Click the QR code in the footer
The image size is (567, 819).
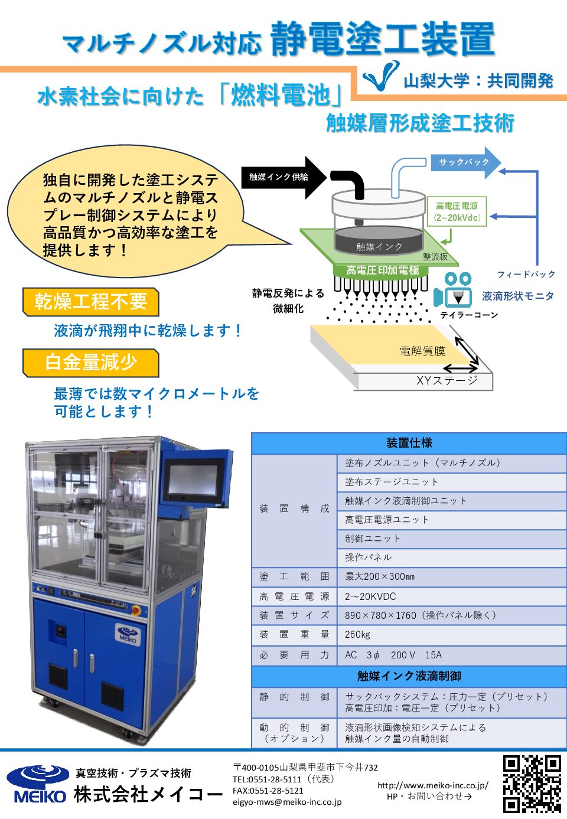(532, 784)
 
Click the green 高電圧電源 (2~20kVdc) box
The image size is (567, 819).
(457, 211)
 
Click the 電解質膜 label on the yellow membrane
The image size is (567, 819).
(422, 351)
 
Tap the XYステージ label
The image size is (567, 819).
(447, 380)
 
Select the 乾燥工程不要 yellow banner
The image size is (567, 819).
(90, 302)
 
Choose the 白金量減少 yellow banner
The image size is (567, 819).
(90, 362)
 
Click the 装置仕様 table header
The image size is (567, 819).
(409, 443)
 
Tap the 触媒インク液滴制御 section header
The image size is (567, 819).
(409, 676)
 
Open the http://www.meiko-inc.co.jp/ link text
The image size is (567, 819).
(433, 785)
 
